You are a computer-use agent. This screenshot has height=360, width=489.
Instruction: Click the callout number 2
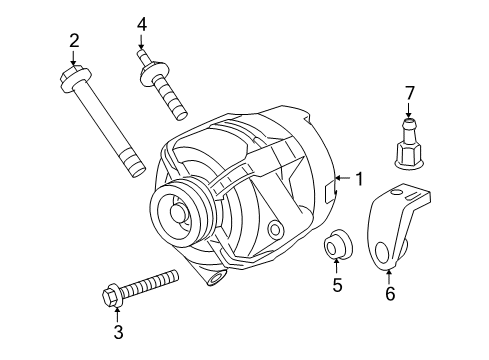coord(73,40)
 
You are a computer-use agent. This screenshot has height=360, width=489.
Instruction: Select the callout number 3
coord(118,332)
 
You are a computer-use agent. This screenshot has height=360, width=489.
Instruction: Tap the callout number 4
coord(142,23)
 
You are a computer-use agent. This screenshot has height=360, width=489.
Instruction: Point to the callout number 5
coord(337,286)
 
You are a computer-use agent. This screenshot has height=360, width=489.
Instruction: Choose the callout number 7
coord(408,93)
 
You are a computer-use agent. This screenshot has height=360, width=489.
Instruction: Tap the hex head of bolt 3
coord(112,295)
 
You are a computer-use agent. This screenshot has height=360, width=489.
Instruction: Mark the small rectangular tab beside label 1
coord(331,187)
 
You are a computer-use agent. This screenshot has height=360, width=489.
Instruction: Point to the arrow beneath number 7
coord(408,112)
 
